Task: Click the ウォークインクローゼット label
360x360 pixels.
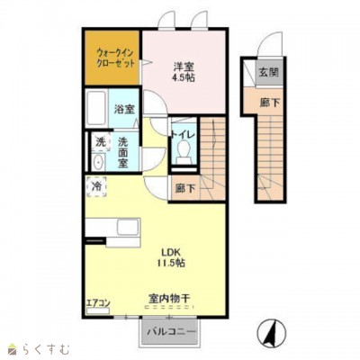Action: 115,58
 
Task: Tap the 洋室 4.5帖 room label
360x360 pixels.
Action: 183,72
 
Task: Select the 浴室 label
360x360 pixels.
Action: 124,109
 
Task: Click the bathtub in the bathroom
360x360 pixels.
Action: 96,109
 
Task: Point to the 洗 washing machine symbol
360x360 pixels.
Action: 100,142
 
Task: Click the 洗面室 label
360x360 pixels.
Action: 122,152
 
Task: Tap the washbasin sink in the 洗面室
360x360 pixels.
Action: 98,162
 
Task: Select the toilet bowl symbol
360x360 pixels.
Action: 183,150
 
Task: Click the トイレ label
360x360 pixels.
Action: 184,135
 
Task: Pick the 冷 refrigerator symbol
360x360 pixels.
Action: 96,186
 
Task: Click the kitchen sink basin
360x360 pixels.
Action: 128,228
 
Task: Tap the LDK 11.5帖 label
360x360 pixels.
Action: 169,257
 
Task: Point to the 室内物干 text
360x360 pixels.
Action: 169,299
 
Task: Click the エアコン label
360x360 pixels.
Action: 98,303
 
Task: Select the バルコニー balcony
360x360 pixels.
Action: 170,331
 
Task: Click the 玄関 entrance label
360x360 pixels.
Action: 269,72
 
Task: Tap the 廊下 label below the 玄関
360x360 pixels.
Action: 270,103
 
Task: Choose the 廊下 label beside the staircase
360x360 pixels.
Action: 185,188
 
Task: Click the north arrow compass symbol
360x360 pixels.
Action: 272,333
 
